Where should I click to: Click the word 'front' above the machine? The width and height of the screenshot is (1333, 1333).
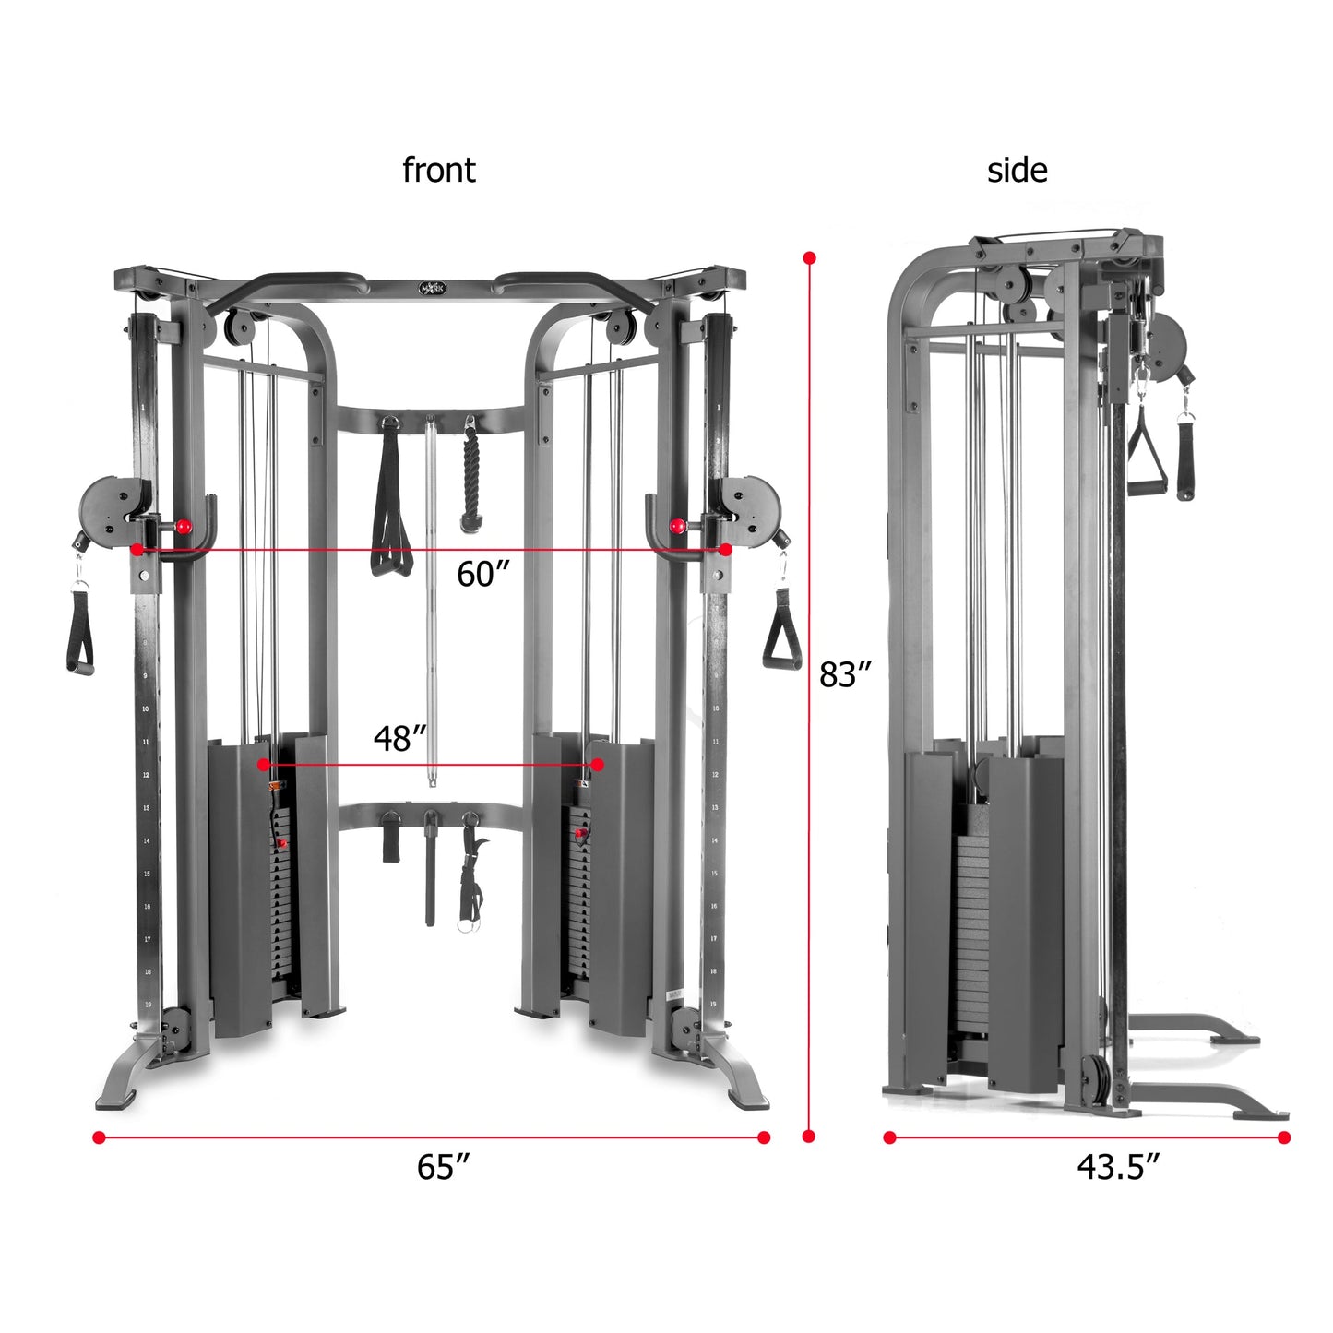pyautogui.click(x=438, y=171)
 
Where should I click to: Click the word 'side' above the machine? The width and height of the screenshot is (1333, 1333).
pyautogui.click(x=1017, y=171)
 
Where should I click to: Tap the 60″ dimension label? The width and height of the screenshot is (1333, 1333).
pyautogui.click(x=482, y=575)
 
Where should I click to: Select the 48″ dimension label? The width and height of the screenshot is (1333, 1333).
pyautogui.click(x=400, y=739)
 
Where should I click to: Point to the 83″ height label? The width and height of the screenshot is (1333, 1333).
pyautogui.click(x=845, y=675)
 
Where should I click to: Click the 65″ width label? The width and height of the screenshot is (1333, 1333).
pyautogui.click(x=443, y=1167)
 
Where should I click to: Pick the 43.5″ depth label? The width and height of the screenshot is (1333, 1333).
pyautogui.click(x=1117, y=1167)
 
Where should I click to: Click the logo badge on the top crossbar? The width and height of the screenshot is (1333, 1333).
pyautogui.click(x=431, y=288)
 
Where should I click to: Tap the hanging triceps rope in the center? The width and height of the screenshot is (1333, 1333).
pyautogui.click(x=471, y=480)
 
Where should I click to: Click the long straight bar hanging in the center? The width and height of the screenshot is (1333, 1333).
pyautogui.click(x=431, y=600)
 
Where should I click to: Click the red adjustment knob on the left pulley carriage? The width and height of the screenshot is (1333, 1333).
pyautogui.click(x=184, y=526)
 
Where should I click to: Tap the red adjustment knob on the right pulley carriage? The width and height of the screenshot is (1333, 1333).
pyautogui.click(x=678, y=526)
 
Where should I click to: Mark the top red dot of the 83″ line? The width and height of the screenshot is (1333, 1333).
pyautogui.click(x=809, y=258)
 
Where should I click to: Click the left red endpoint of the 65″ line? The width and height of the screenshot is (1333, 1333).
pyautogui.click(x=99, y=1137)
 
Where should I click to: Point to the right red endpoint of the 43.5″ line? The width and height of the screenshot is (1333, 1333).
pyautogui.click(x=1283, y=1137)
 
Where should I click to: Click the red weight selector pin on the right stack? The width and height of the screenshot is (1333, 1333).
pyautogui.click(x=580, y=834)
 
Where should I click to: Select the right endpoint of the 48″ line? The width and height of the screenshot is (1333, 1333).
pyautogui.click(x=598, y=765)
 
